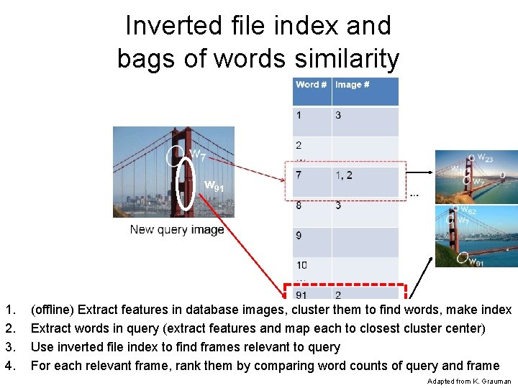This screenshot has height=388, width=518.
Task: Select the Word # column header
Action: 311,85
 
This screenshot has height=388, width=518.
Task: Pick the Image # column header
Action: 352,85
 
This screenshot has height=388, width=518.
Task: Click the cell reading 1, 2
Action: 343,175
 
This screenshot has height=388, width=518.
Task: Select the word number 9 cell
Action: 299,235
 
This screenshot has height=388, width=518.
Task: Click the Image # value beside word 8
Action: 338,205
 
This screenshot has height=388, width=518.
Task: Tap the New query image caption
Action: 177,230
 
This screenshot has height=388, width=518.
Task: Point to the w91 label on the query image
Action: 214,187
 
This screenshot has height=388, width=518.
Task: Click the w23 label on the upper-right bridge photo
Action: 485,158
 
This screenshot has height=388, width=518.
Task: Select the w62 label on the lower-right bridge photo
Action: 468,211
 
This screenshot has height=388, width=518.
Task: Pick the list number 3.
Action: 9,348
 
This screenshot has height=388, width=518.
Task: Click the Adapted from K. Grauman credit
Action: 468,381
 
